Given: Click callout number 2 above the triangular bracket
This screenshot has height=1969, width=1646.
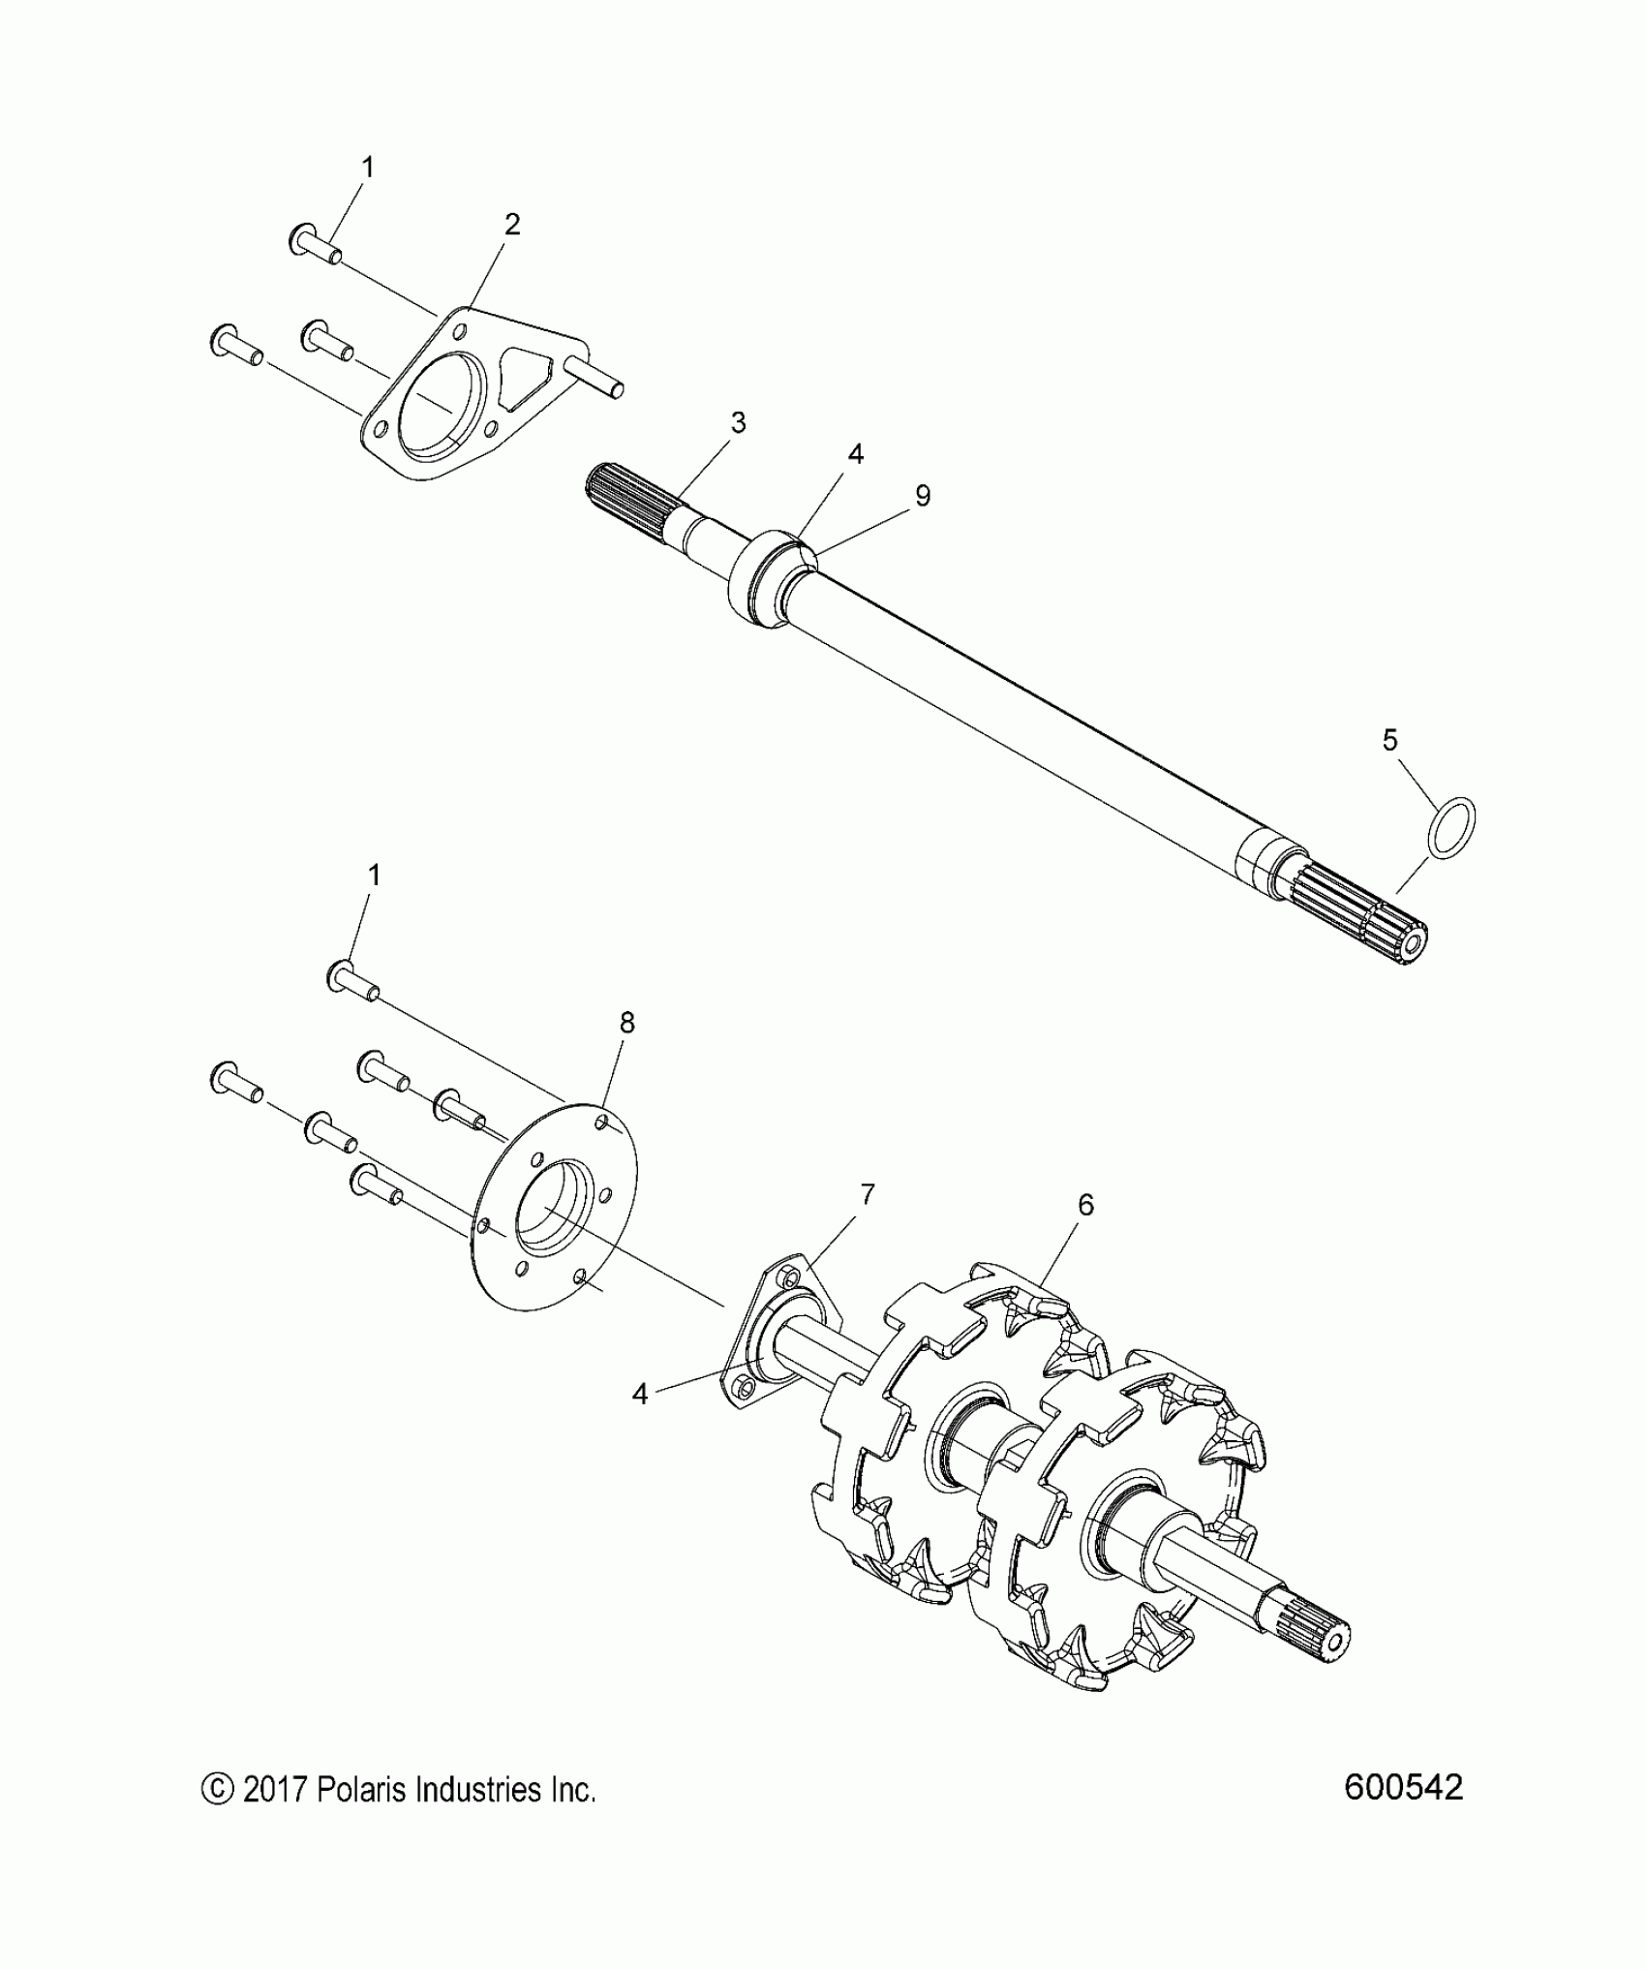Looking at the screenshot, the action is point(512,225).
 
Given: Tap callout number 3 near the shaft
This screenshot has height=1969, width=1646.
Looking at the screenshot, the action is point(738,422).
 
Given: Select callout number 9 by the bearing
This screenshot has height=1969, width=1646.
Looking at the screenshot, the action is point(922,496).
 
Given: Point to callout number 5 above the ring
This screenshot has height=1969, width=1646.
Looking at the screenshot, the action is point(1389,741).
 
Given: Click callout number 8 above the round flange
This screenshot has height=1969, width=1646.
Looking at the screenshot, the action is point(627,1023).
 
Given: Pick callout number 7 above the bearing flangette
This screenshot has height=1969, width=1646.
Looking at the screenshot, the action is point(867,1194).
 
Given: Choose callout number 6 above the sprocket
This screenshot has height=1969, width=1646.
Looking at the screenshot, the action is point(1085,1205).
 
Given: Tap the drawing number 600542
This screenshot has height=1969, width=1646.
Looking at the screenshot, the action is point(1403,1788).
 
